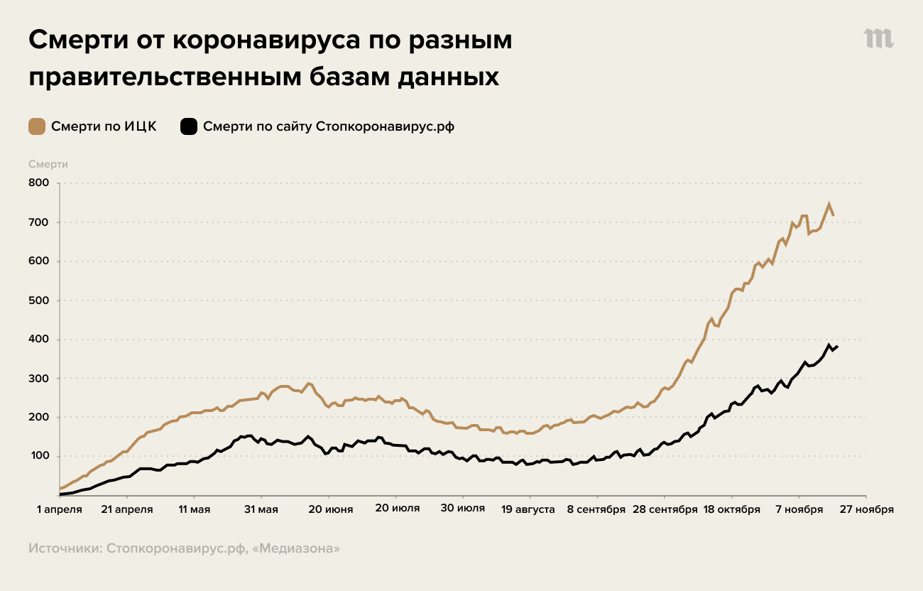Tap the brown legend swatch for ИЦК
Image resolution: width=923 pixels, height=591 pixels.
pyautogui.click(x=37, y=126)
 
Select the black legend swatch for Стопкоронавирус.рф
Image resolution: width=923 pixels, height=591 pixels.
pyautogui.click(x=189, y=126)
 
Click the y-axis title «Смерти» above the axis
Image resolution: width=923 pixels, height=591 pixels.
pyautogui.click(x=48, y=164)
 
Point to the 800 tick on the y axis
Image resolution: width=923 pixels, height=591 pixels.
pyautogui.click(x=38, y=183)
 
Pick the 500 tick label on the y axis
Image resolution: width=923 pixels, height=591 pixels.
pyautogui.click(x=38, y=300)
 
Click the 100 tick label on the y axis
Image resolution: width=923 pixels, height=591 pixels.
pyautogui.click(x=38, y=456)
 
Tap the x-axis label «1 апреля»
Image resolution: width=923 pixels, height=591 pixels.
pyautogui.click(x=60, y=509)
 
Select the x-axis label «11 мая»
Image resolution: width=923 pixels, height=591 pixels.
pyautogui.click(x=194, y=509)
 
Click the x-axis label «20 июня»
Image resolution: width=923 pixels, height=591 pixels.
pyautogui.click(x=329, y=509)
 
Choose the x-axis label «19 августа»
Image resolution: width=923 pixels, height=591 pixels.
pyautogui.click(x=528, y=509)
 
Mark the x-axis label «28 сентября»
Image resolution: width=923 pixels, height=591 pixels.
pyautogui.click(x=665, y=509)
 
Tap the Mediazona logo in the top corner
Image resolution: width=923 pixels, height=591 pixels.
pyautogui.click(x=879, y=39)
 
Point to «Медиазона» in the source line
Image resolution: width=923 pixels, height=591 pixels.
pyautogui.click(x=298, y=548)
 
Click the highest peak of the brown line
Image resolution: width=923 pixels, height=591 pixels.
pyautogui.click(x=829, y=204)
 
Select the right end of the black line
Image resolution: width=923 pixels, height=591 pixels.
pyautogui.click(x=837, y=347)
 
